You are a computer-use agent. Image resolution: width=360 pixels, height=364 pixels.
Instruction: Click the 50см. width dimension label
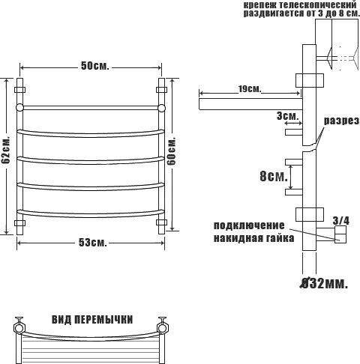[95, 66]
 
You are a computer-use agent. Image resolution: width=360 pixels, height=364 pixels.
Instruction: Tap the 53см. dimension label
[93, 242]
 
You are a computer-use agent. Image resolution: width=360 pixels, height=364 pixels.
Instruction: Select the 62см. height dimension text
[5, 150]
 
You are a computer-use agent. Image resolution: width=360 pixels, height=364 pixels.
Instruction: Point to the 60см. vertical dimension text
[172, 151]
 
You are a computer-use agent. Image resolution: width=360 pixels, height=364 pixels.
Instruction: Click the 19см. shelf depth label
[250, 89]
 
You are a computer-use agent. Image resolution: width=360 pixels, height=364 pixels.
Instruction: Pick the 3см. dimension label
[288, 116]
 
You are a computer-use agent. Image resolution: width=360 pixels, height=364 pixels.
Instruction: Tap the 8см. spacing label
[274, 176]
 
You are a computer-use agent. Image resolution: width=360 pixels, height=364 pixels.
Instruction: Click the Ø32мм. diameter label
[324, 283]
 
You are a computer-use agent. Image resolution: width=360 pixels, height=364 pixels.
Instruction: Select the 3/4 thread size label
[341, 221]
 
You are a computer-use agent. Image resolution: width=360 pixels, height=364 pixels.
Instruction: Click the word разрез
[341, 121]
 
